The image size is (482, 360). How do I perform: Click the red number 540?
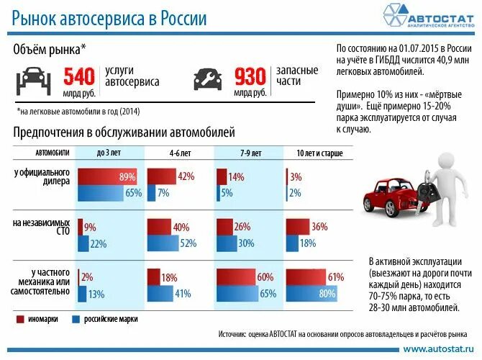79,76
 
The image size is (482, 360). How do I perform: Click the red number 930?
250,76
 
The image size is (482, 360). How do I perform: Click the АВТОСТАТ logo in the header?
424,17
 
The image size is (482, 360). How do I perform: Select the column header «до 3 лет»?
109,153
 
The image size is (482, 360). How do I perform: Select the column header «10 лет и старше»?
319,153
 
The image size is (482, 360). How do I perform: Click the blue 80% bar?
314,293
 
